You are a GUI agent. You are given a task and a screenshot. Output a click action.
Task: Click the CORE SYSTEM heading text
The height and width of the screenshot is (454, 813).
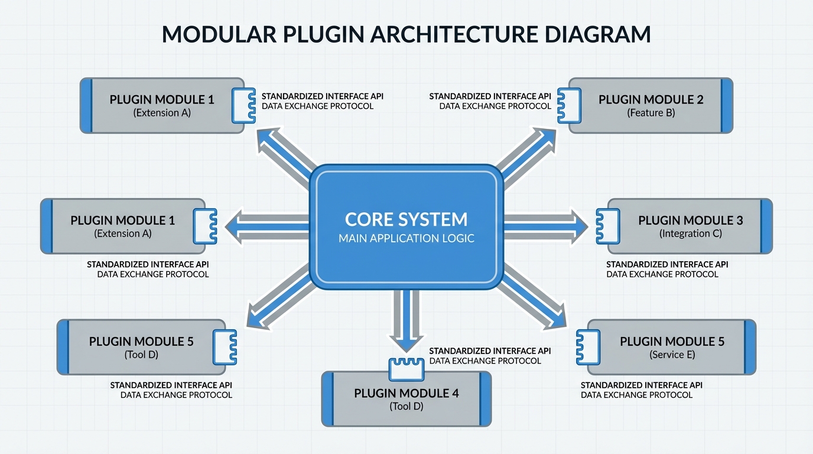[406, 219]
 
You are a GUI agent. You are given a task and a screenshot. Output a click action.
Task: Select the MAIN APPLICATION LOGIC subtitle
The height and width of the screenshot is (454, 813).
[406, 238]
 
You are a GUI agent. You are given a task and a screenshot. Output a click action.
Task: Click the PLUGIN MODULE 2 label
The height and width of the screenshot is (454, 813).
[651, 99]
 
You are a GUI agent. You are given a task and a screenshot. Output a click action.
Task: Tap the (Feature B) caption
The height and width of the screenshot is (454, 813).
[651, 112]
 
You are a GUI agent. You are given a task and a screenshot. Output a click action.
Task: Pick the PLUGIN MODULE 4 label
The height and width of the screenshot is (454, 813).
[406, 393]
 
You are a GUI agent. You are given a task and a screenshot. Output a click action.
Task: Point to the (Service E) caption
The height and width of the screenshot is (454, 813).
[672, 355]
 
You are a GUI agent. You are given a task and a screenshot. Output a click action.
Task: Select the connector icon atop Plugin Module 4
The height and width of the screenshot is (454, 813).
[406, 369]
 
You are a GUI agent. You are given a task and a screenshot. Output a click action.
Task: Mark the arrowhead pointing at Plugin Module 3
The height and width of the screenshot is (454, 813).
[580, 226]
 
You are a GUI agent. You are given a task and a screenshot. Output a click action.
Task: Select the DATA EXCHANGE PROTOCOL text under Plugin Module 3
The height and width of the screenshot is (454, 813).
[662, 274]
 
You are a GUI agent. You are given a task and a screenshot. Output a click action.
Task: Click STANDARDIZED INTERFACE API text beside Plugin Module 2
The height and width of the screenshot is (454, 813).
[490, 96]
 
